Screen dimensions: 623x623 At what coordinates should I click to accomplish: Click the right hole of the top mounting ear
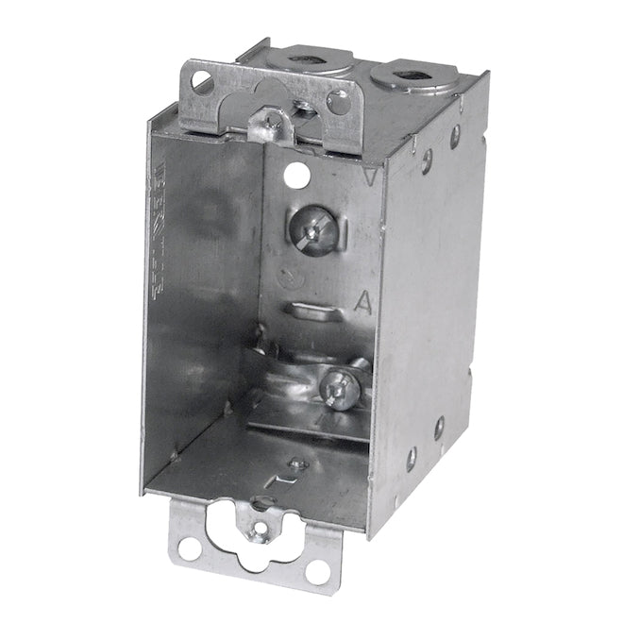pyautogui.click(x=337, y=103)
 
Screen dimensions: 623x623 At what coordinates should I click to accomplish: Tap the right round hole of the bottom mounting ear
pyautogui.click(x=316, y=570)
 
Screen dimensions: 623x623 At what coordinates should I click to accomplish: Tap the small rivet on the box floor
pyautogui.click(x=298, y=463)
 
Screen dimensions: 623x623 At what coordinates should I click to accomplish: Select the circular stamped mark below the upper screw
pyautogui.click(x=294, y=277)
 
